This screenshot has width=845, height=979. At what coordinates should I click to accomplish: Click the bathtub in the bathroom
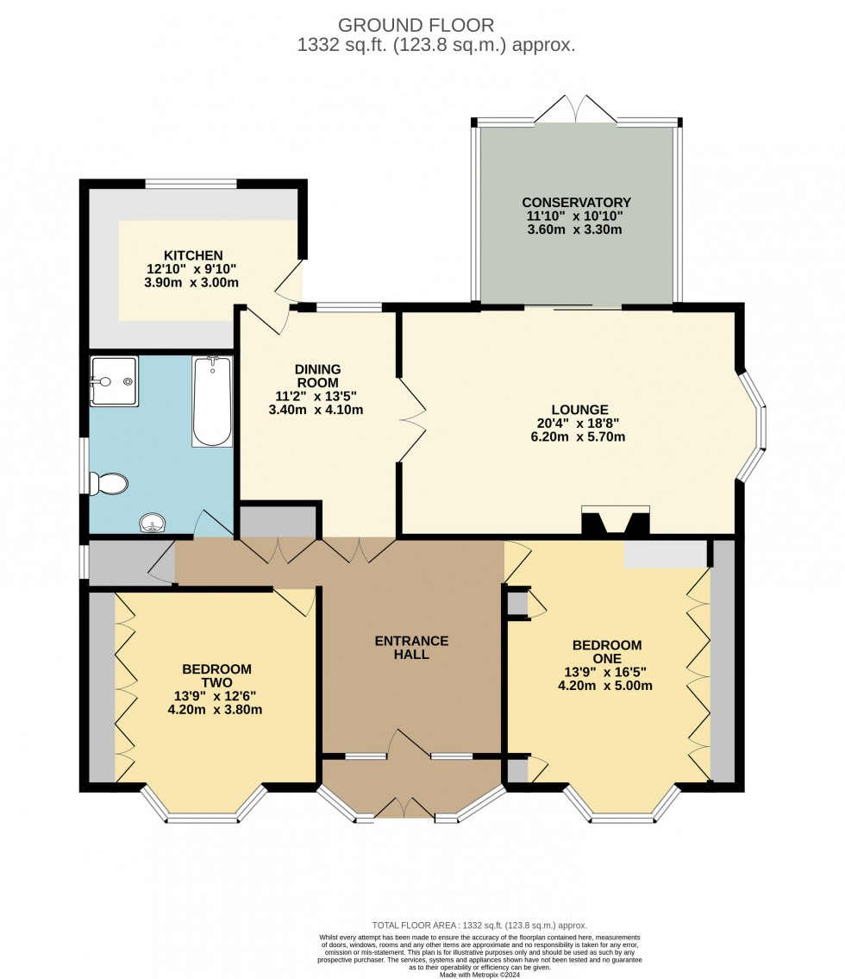pyautogui.click(x=212, y=402)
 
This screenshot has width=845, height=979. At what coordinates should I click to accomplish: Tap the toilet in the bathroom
pyautogui.click(x=110, y=484)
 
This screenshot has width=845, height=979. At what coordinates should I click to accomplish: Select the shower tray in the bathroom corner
pyautogui.click(x=114, y=381)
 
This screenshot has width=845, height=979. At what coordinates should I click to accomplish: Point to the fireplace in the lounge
pyautogui.click(x=616, y=521)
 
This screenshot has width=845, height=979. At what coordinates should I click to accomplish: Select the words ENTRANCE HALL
pyautogui.click(x=411, y=648)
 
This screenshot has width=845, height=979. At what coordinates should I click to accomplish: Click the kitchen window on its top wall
pyautogui.click(x=191, y=183)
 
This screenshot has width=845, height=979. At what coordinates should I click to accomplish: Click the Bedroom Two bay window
pyautogui.click(x=203, y=808)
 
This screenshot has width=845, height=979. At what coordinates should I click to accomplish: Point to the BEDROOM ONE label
pyautogui.click(x=607, y=652)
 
